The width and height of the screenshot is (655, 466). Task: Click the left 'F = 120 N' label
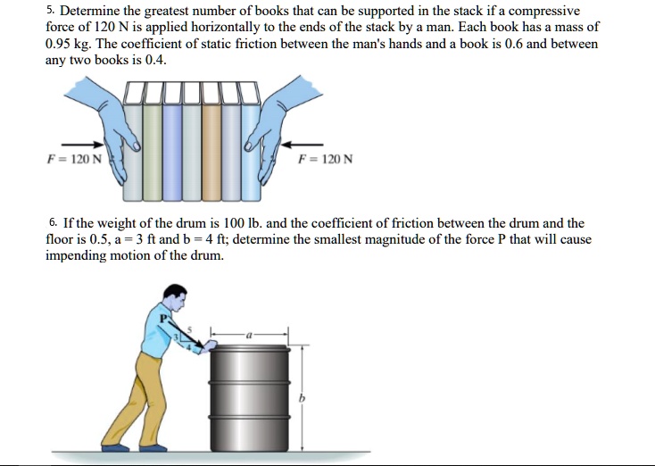pos(76,160)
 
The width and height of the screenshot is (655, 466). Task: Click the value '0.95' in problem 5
pos(59,44)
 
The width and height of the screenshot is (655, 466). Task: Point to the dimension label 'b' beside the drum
pos(302,399)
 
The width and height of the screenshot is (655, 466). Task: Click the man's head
pos(177,297)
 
